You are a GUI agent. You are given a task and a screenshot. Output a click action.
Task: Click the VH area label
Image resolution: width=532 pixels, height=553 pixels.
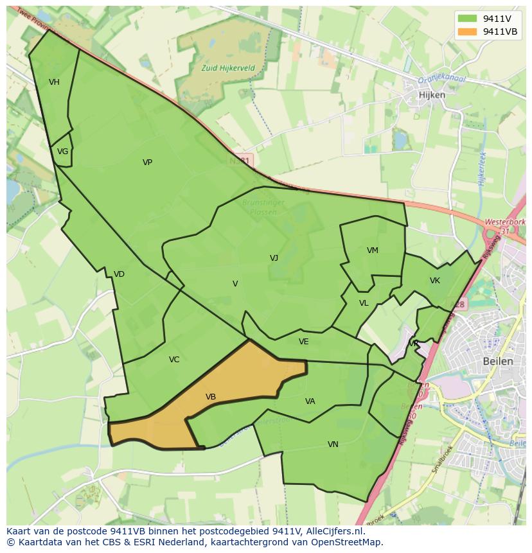[x=54, y=82]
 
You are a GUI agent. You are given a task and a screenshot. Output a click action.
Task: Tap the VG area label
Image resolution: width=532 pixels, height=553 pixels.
[x=62, y=152]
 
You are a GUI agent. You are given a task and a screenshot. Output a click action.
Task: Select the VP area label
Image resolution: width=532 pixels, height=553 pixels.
[x=147, y=162]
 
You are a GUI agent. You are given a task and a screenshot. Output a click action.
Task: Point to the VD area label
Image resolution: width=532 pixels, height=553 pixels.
[x=119, y=274]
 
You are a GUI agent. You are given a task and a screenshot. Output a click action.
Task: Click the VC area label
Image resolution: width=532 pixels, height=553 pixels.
[x=174, y=360]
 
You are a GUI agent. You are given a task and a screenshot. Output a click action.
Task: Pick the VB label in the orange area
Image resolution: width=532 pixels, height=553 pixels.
[x=211, y=397]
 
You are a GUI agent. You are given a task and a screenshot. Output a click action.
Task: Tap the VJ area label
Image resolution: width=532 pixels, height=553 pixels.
[x=274, y=258]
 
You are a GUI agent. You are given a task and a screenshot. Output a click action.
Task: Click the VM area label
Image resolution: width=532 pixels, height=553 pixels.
[x=373, y=250]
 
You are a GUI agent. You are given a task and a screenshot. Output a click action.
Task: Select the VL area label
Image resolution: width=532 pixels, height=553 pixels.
[x=364, y=303]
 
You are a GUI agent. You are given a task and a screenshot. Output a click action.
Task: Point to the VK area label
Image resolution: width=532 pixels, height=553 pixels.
[x=435, y=281]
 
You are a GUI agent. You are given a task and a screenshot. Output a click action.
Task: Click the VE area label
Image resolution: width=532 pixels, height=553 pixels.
[x=304, y=342]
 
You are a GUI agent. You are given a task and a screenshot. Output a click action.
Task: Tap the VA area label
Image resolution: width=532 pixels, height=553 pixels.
[x=310, y=401]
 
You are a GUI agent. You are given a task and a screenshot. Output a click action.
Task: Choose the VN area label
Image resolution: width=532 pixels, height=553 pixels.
[x=333, y=444]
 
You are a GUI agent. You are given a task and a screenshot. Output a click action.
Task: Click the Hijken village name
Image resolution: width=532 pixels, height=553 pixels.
[x=432, y=94]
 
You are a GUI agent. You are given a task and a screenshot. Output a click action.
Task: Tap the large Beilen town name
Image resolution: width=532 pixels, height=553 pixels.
[x=498, y=361]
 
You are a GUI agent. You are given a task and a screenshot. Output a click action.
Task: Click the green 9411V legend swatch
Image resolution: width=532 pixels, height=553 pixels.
[x=467, y=19]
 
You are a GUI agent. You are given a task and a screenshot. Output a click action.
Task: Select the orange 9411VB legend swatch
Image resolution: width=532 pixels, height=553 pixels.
[x=467, y=31]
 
